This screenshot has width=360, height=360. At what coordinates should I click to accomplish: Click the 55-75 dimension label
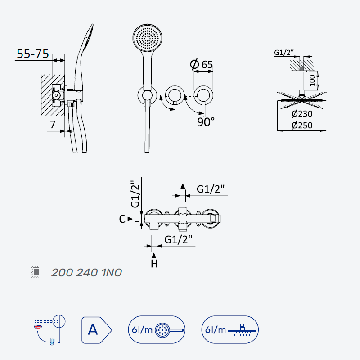tap(33, 54)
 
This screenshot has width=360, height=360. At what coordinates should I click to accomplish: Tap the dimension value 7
tap(53, 125)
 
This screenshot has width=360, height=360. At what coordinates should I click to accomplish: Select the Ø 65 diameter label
tap(202, 64)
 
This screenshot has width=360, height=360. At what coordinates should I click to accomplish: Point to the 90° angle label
tap(206, 122)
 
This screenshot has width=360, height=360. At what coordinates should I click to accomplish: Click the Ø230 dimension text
tap(302, 114)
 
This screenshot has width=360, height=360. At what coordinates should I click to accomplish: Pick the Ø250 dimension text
tap(302, 126)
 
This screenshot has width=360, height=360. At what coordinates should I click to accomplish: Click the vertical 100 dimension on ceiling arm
tap(312, 81)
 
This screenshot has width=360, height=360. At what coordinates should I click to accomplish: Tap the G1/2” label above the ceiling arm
tap(284, 53)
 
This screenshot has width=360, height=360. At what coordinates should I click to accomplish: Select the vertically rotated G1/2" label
tap(135, 194)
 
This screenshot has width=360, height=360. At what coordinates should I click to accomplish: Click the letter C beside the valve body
tap(122, 219)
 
